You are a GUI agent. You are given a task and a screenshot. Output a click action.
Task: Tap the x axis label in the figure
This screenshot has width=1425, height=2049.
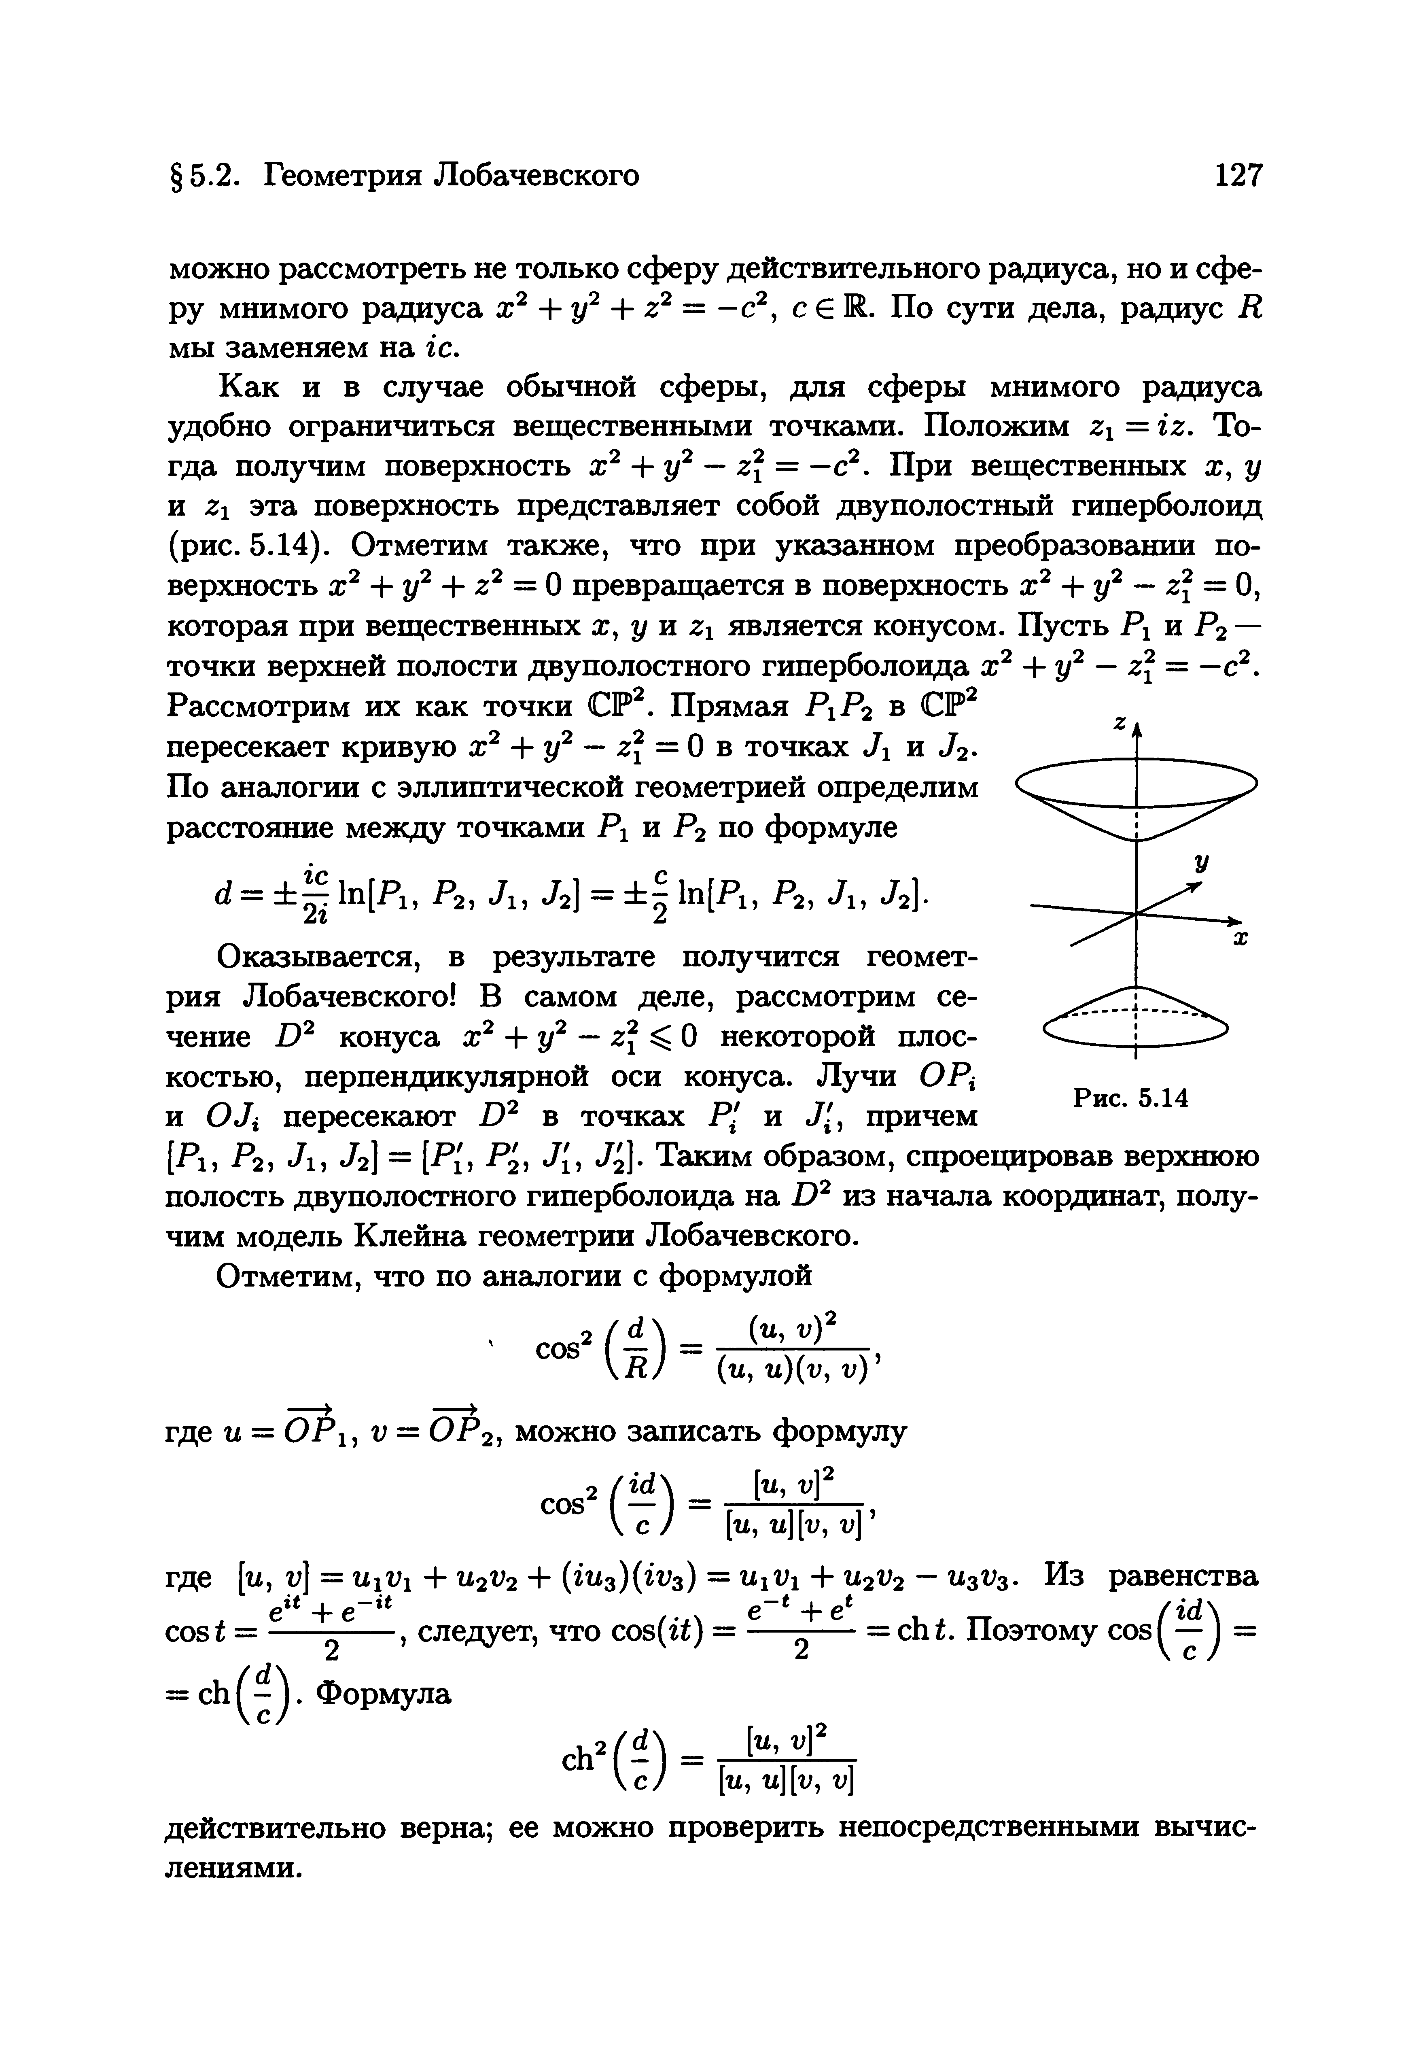coord(1239,940)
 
